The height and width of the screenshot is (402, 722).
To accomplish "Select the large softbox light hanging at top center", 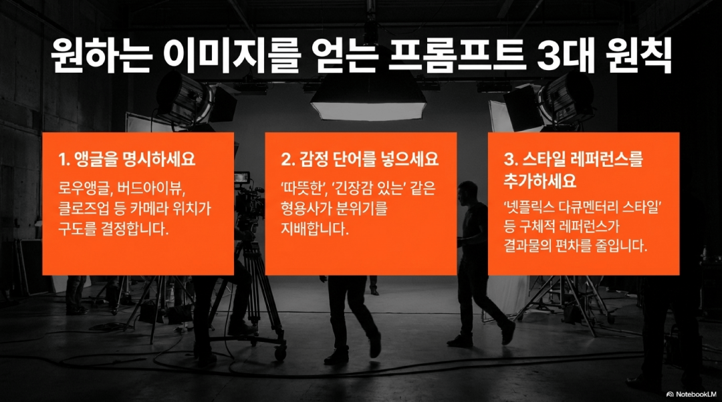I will click(x=368, y=100).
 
